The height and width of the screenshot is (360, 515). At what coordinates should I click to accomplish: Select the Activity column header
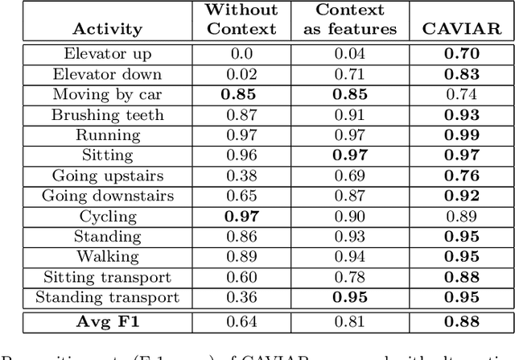click(x=108, y=29)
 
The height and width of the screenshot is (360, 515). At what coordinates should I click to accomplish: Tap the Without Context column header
click(x=241, y=20)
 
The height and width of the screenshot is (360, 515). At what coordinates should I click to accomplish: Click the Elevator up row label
click(x=108, y=54)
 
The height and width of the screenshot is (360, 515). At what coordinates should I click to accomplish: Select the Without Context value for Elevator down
click(x=241, y=74)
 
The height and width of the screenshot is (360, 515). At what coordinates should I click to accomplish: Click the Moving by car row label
click(x=108, y=94)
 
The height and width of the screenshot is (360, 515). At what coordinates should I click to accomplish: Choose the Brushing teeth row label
click(x=108, y=114)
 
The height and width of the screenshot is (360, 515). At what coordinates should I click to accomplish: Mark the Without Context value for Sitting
click(x=241, y=155)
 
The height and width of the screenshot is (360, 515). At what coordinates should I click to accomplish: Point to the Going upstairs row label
click(x=108, y=176)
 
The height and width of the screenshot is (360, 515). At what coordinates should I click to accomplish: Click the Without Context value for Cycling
click(x=241, y=216)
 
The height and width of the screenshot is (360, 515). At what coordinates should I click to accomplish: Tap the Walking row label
click(x=108, y=257)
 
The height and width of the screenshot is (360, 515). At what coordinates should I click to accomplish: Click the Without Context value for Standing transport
click(x=241, y=297)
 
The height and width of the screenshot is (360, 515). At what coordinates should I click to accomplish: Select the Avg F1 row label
click(x=108, y=324)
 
